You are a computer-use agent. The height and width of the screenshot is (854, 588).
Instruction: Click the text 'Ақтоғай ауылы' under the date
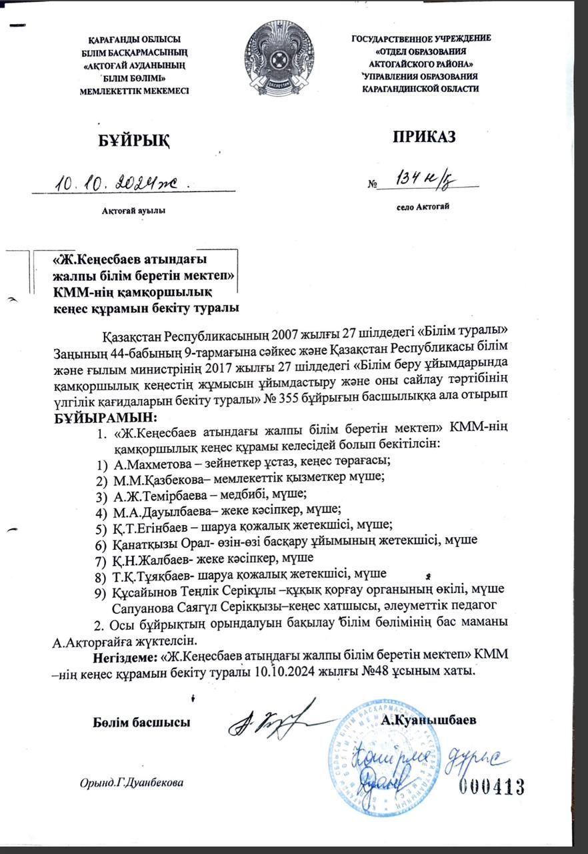tap(133, 210)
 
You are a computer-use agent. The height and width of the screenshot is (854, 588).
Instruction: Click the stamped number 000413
tap(491, 787)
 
